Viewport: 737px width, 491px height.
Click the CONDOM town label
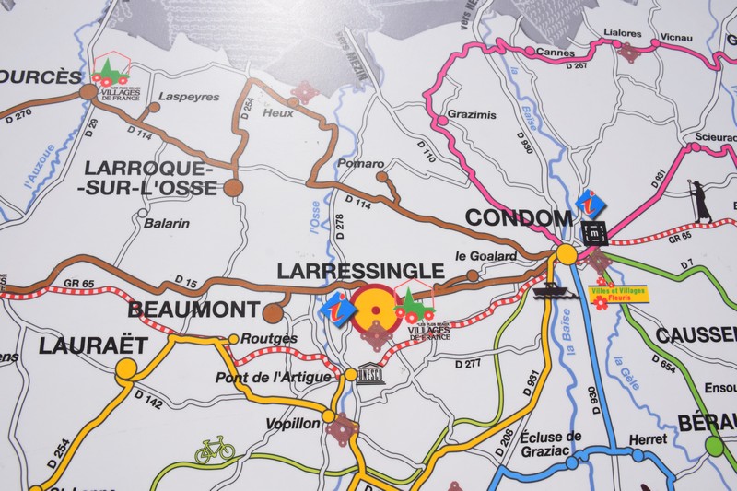click(x=519, y=218)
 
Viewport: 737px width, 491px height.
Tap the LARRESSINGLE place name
click(x=360, y=271)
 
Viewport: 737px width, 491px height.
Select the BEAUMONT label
click(x=193, y=310)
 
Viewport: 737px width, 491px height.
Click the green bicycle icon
click(x=215, y=450)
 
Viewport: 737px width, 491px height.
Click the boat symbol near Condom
click(x=550, y=291)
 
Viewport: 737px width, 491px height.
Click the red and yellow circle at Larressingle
click(x=374, y=306)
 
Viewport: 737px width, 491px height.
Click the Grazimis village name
click(x=471, y=115)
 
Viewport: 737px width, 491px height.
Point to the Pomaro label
click(x=360, y=164)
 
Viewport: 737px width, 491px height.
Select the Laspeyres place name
click(x=189, y=96)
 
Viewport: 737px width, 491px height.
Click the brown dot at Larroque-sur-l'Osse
click(x=234, y=187)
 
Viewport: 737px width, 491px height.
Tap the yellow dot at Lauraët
click(x=126, y=369)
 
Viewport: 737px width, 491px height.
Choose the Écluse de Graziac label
click(x=550, y=443)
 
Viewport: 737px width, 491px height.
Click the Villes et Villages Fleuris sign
click(x=619, y=294)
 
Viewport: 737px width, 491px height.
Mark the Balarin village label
click(x=166, y=223)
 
